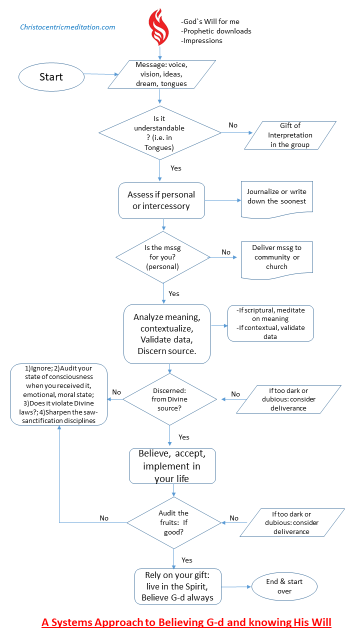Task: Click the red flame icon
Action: (x=158, y=27)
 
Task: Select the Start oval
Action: (x=51, y=77)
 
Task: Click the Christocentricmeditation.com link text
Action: (x=67, y=27)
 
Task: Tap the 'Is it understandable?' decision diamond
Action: (x=160, y=133)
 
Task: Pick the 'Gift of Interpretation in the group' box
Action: (x=290, y=135)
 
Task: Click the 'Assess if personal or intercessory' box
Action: (x=161, y=200)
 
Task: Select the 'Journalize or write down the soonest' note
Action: (x=277, y=199)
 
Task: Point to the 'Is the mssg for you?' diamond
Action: (x=163, y=257)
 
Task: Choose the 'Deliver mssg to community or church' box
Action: (x=277, y=260)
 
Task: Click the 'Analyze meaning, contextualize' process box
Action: (x=167, y=333)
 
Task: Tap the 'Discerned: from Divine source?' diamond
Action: (x=169, y=399)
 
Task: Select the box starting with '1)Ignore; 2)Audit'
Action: (x=59, y=394)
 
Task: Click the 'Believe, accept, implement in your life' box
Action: (x=172, y=466)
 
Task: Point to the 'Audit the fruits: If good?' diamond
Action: (x=173, y=522)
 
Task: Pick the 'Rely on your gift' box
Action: (x=177, y=586)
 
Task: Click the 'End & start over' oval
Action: (x=284, y=586)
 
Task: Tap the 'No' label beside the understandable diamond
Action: (x=233, y=125)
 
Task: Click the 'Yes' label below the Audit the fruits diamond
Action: (x=187, y=560)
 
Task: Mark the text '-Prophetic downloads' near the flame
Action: (x=216, y=31)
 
